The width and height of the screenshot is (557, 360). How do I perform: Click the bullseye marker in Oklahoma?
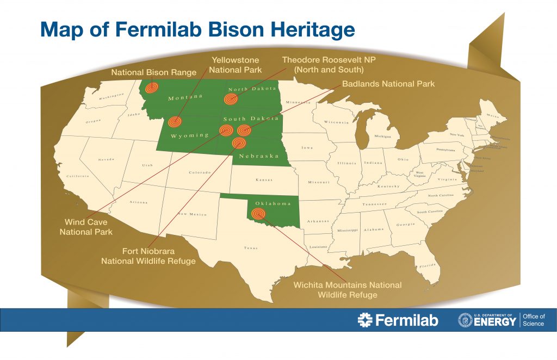tap(259, 214)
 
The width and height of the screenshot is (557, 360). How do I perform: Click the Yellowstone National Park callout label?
tap(236, 65)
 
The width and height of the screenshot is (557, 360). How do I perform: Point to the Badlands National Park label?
tap(388, 84)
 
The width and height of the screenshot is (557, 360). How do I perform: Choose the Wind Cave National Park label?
tap(86, 227)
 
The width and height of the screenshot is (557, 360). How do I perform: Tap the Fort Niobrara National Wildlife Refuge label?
tap(148, 256)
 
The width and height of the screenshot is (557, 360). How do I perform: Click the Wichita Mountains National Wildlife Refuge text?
tap(348, 290)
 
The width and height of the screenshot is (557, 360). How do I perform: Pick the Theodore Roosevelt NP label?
tap(323, 65)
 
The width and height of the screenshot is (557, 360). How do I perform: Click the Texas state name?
tap(251, 249)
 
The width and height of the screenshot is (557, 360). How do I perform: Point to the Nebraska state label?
tap(255, 156)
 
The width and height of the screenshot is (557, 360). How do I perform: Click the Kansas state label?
tap(263, 179)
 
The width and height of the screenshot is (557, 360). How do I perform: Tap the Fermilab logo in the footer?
tap(398, 320)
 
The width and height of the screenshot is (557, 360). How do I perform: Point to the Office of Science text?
tap(533, 320)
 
